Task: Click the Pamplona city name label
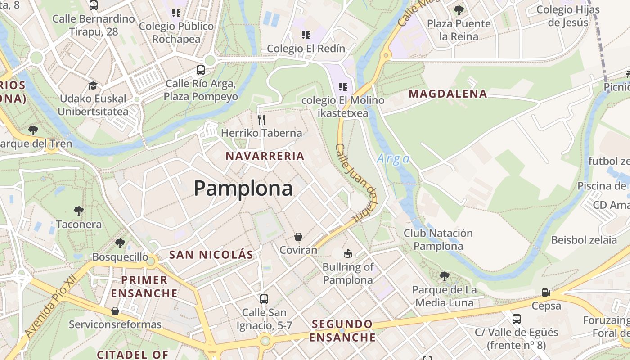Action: pyautogui.click(x=243, y=188)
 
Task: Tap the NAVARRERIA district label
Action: pyautogui.click(x=265, y=156)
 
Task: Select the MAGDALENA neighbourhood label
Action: pyautogui.click(x=448, y=94)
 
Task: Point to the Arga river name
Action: pyautogui.click(x=393, y=159)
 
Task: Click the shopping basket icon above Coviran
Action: pyautogui.click(x=298, y=237)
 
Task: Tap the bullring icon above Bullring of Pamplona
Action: pyautogui.click(x=347, y=253)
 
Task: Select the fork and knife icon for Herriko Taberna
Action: pyautogui.click(x=261, y=119)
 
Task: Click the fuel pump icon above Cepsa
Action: pyautogui.click(x=546, y=292)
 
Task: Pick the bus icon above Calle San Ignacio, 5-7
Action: pyautogui.click(x=264, y=299)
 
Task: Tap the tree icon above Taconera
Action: pyautogui.click(x=79, y=211)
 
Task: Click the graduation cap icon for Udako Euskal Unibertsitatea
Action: pyautogui.click(x=93, y=85)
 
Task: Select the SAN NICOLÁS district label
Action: pyautogui.click(x=211, y=255)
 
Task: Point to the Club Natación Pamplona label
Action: pyautogui.click(x=438, y=239)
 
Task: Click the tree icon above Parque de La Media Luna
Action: pyautogui.click(x=444, y=276)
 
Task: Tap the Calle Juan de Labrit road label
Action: pyautogui.click(x=355, y=182)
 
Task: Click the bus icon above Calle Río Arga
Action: pyautogui.click(x=201, y=70)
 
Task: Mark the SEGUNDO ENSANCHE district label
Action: pyautogui.click(x=342, y=330)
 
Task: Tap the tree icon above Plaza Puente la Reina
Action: pyautogui.click(x=459, y=10)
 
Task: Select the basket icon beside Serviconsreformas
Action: pyautogui.click(x=115, y=311)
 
